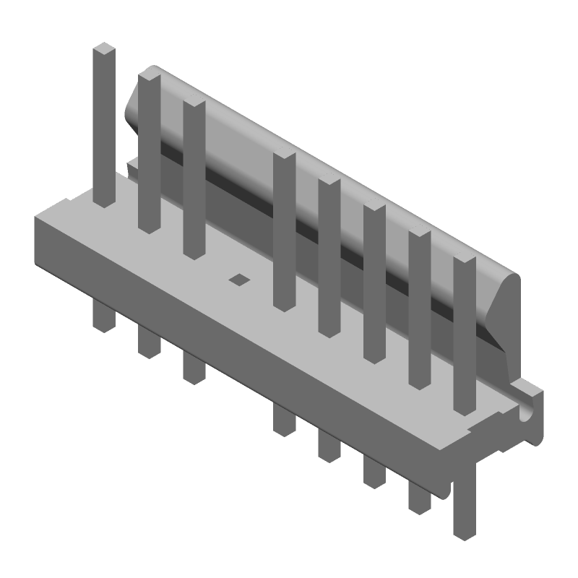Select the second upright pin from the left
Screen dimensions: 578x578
(x=149, y=152)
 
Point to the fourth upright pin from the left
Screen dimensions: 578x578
(x=284, y=231)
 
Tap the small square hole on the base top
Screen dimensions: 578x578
(x=238, y=279)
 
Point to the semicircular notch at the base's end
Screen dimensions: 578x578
(x=526, y=415)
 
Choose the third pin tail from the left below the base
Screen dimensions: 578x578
(x=194, y=366)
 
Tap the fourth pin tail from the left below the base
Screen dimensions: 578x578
(x=284, y=419)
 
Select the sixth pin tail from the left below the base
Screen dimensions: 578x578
(x=374, y=470)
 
